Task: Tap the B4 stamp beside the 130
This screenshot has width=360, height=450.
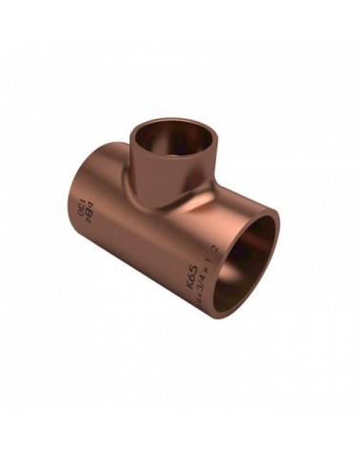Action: [88, 209]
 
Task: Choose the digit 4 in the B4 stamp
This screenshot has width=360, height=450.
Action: [89, 203]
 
